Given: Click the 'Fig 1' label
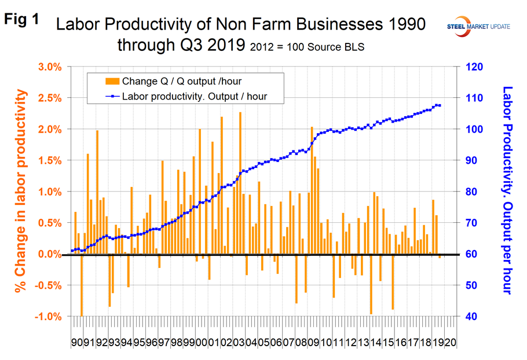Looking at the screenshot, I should pyautogui.click(x=22, y=19).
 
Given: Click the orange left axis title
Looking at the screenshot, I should pyautogui.click(x=21, y=191).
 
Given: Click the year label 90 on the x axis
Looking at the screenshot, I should pyautogui.click(x=76, y=343).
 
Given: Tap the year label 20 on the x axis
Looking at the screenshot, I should pyautogui.click(x=449, y=343).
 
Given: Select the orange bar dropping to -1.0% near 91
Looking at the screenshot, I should pyautogui.click(x=81, y=285).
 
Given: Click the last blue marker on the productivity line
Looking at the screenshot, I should pyautogui.click(x=440, y=105).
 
